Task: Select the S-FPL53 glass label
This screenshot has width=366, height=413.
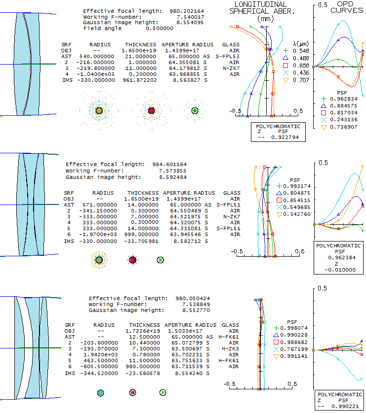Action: pos(228,57)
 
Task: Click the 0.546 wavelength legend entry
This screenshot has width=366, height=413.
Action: pos(300,51)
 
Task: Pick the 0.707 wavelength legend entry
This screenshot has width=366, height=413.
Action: pos(300,80)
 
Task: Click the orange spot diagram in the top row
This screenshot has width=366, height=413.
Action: pos(99,110)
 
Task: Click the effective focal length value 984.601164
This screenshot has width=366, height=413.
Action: pos(166,164)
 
